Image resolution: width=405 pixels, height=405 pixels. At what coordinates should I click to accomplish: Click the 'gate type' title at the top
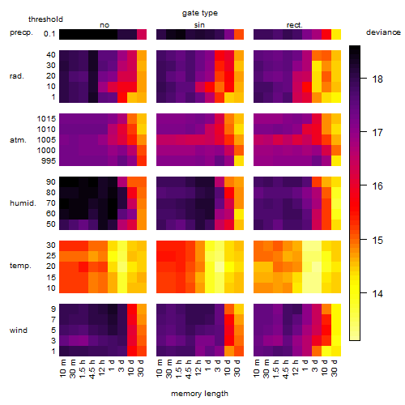pos(200,13)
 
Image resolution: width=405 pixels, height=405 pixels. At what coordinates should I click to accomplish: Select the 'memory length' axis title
pos(199,394)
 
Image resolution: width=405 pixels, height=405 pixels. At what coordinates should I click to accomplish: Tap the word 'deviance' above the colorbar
pos(383,32)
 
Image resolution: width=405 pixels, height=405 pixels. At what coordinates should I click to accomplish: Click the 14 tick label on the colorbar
pos(377,293)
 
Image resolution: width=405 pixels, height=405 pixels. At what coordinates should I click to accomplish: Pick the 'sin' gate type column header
pos(199,25)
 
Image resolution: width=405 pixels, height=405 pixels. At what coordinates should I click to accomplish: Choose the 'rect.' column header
pos(294,25)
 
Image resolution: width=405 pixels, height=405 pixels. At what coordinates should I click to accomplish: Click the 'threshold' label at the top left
pos(45,19)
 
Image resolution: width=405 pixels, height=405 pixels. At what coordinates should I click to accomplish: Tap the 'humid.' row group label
pos(23,203)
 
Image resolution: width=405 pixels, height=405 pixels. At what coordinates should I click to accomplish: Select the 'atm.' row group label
pos(18,140)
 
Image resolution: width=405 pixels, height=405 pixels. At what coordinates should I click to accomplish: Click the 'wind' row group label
pos(19,330)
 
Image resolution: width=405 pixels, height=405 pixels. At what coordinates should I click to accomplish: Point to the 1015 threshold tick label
pos(46,118)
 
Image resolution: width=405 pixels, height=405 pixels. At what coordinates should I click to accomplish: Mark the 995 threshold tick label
pos(49,160)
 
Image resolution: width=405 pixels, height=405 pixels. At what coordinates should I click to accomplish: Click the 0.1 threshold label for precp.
pos(49,34)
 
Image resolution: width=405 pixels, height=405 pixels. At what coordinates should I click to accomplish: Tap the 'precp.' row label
pos(21,32)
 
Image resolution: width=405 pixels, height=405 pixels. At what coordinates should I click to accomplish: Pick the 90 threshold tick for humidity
pos(51,181)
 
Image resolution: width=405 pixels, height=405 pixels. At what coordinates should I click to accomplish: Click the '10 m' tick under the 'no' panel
pos(62,368)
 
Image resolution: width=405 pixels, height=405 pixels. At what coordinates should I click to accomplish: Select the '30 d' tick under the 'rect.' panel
pos(335,368)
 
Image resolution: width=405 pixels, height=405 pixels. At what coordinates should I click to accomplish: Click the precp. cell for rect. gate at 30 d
pos(336,34)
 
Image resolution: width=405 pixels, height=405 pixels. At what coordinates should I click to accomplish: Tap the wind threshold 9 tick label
pos(53,309)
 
